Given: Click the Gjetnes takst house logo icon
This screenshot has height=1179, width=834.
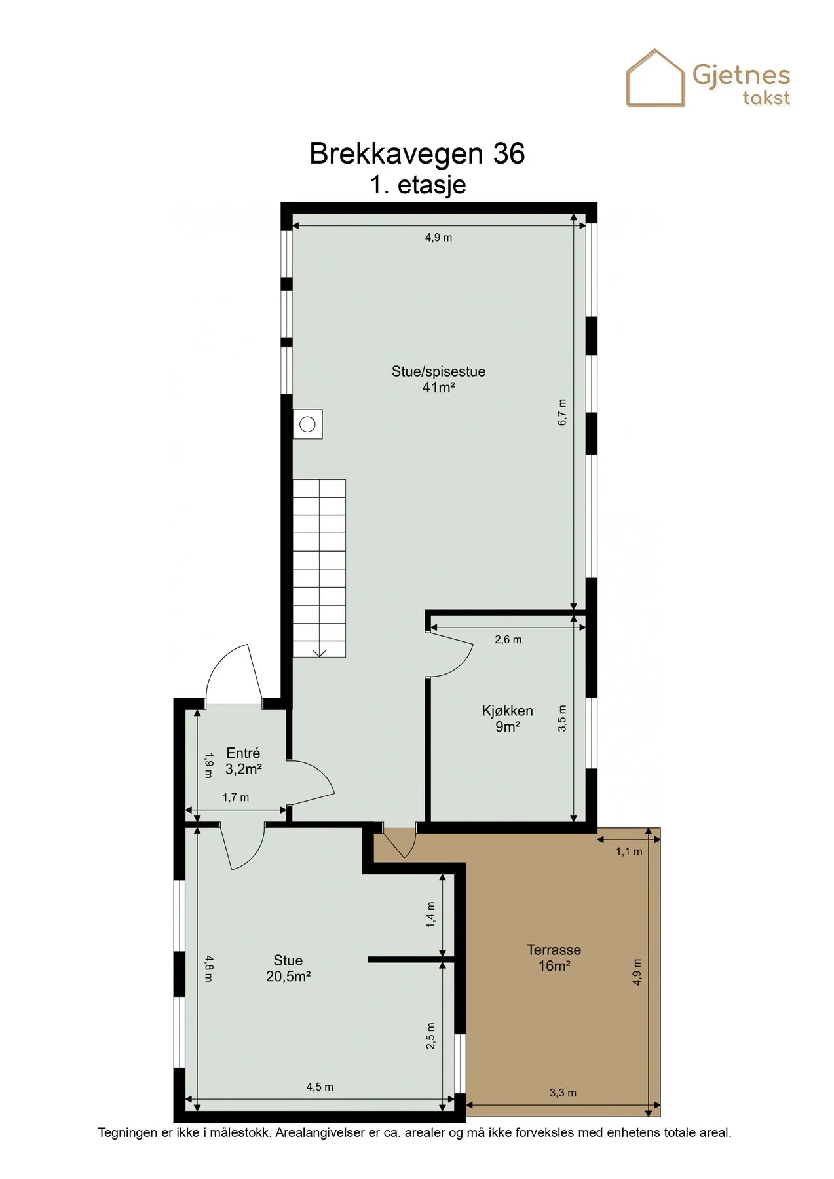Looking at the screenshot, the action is [x=655, y=78].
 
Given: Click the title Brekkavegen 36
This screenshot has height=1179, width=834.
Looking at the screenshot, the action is [x=417, y=154].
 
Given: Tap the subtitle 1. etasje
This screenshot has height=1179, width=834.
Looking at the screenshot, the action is [x=418, y=185].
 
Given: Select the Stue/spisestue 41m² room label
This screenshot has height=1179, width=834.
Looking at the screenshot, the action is [x=438, y=379].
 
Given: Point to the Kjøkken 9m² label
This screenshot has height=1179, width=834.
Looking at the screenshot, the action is [x=507, y=719].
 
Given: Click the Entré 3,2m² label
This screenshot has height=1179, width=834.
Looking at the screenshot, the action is [x=243, y=761].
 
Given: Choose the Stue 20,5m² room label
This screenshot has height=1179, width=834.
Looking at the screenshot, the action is [x=288, y=968].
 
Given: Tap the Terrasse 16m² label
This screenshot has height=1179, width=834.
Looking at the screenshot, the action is [x=554, y=958].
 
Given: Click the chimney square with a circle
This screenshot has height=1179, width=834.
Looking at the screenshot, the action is [x=307, y=424].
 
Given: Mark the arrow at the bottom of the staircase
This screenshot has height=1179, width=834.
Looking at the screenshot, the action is [x=320, y=652].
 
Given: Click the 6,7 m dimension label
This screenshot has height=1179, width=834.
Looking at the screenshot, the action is [x=562, y=413].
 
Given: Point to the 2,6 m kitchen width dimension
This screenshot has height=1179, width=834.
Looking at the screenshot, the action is [x=508, y=639].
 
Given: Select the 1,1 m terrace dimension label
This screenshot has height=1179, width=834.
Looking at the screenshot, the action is [x=628, y=851].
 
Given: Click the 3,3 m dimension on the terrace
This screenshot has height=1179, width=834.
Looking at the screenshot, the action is [x=563, y=1093].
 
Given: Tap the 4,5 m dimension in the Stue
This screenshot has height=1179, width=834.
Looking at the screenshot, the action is [x=320, y=1087].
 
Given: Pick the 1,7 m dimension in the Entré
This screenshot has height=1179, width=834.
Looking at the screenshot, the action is [x=236, y=797].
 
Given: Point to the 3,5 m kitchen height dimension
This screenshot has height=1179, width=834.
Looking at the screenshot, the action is [x=562, y=718].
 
